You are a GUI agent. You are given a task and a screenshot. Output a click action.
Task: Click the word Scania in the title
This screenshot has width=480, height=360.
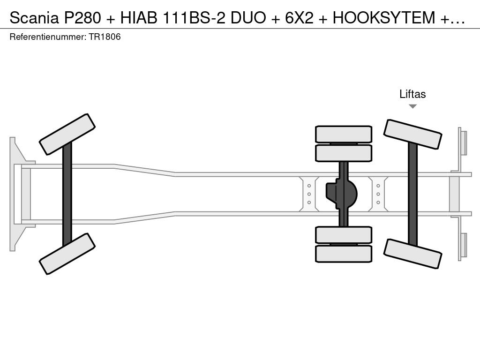(x=34, y=18)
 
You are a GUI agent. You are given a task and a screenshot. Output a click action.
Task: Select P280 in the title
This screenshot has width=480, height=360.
(x=82, y=18)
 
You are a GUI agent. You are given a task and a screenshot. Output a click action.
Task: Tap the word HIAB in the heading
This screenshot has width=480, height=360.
(x=139, y=18)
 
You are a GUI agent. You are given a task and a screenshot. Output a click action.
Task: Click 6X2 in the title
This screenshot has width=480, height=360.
(x=300, y=18)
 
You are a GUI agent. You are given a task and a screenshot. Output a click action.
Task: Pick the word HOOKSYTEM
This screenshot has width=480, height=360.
(x=384, y=18)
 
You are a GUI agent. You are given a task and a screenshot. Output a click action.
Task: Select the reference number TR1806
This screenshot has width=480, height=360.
(x=105, y=37)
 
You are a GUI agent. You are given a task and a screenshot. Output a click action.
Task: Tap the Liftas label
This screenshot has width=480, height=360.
(x=412, y=94)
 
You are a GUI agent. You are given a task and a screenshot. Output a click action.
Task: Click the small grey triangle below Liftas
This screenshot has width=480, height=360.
(x=412, y=106)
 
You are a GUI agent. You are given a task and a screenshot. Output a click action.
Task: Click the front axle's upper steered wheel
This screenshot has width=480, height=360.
(x=67, y=135)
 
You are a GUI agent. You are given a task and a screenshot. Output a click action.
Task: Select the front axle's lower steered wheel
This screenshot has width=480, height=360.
(x=67, y=254)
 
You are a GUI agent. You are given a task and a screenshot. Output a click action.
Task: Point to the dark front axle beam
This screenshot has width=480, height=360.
(x=67, y=194)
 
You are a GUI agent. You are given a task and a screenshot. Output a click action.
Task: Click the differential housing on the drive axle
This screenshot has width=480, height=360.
(x=342, y=194)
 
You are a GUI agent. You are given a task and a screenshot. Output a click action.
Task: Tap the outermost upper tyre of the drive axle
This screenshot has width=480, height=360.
(x=344, y=134)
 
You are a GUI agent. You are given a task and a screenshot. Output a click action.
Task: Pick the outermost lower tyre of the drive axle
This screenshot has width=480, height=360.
(x=344, y=254)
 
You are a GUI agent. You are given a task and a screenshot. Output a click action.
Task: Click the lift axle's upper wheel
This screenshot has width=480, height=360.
(x=412, y=134)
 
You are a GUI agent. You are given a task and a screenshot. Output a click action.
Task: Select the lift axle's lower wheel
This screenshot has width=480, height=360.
(x=412, y=254)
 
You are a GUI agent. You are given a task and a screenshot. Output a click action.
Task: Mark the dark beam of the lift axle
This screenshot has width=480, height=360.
(x=412, y=194)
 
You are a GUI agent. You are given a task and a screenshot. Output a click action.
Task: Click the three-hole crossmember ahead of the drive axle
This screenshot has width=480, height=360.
(x=309, y=194)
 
